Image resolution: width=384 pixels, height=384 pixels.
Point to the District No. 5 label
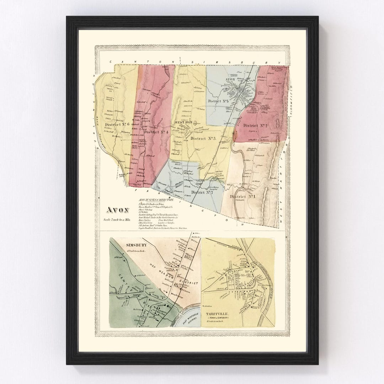click(218, 101)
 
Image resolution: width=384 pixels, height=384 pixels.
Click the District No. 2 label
click(255, 126)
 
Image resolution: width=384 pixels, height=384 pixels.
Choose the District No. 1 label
click(242, 197)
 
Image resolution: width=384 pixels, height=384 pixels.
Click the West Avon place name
click(183, 122)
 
